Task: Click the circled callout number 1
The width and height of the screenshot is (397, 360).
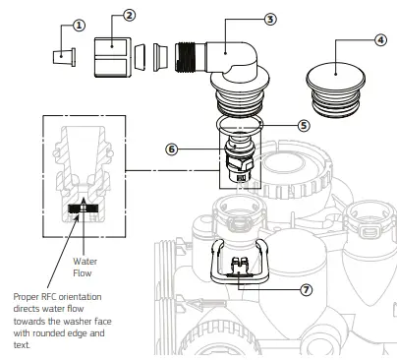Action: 80,25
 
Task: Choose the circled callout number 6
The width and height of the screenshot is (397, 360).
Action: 171,150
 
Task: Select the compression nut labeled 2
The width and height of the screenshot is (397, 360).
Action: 112,56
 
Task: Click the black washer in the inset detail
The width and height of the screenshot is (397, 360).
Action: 83,209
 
